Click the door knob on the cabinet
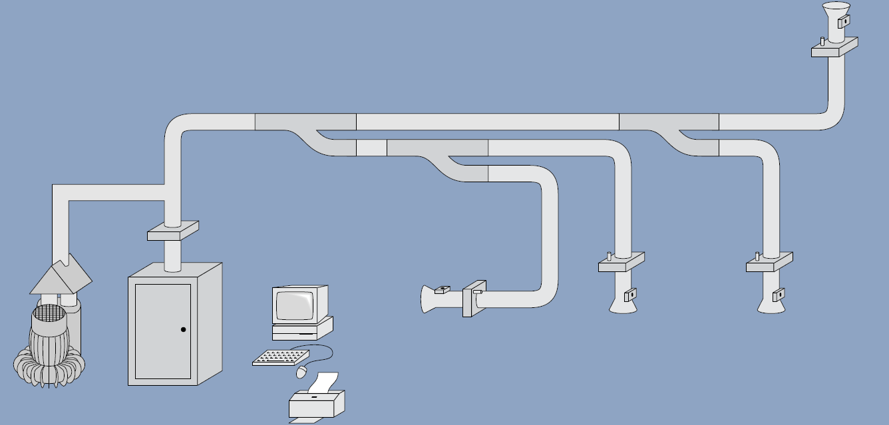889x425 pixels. (183, 329)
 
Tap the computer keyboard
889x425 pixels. (280, 357)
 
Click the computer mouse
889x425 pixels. (302, 372)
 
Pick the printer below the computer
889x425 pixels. (317, 402)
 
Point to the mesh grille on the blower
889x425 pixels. (48, 313)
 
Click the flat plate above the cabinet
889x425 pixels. (172, 231)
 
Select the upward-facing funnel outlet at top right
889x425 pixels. (835, 13)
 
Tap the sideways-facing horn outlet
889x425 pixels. (433, 300)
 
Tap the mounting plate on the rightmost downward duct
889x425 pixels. (769, 263)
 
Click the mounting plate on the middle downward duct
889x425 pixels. (622, 263)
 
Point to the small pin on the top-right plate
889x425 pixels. (822, 41)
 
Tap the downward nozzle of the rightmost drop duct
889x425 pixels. (770, 305)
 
